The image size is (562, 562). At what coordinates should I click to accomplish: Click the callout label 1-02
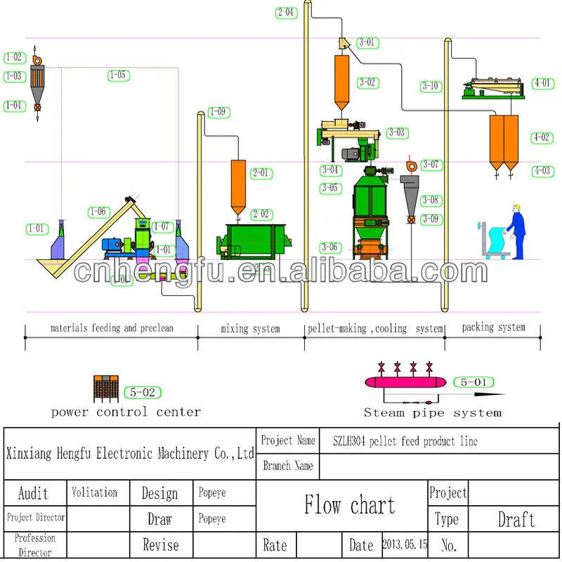14,58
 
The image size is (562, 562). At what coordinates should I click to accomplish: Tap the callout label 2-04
286,12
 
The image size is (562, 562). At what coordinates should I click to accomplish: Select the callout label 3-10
430,86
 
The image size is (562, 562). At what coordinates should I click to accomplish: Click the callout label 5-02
140,393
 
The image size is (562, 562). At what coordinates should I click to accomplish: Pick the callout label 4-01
542,83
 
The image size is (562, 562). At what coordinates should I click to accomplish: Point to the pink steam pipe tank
404,381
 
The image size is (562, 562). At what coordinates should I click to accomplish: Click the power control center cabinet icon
104,388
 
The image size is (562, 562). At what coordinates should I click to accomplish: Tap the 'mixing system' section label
250,329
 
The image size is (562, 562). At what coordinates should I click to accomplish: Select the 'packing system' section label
493,327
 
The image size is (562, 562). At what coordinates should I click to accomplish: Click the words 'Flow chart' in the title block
349,504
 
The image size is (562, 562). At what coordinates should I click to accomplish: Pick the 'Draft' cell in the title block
516,519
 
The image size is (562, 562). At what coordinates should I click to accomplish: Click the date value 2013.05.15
405,544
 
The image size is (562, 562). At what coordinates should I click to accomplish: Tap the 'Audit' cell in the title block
34,492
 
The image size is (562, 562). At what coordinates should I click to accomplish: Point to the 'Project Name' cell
288,440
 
